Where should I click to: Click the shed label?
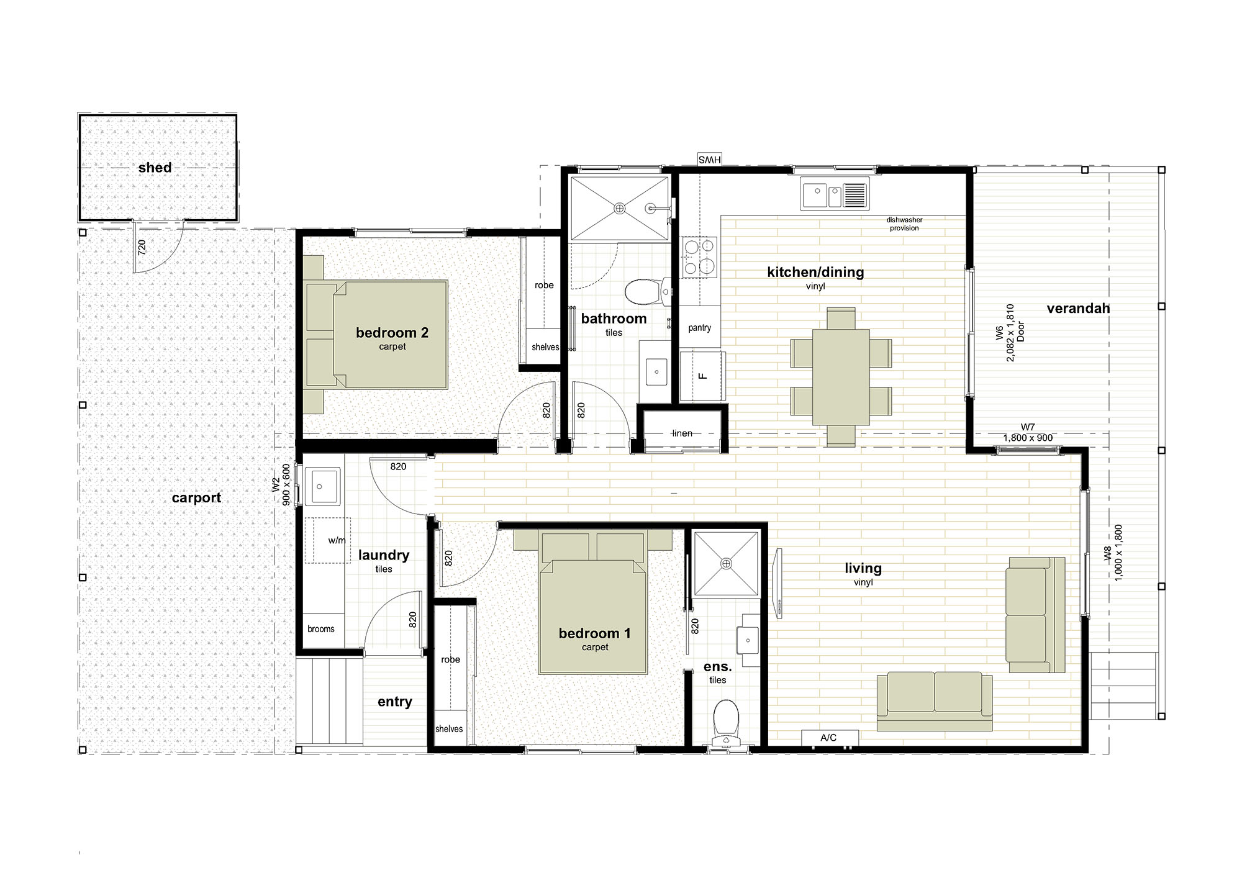click(x=155, y=168)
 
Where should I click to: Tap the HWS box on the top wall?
click(x=709, y=160)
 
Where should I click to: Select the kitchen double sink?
click(x=835, y=193)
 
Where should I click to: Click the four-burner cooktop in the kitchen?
click(x=700, y=256)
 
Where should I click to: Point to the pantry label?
click(x=699, y=328)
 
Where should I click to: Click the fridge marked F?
click(x=702, y=376)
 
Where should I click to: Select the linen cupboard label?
click(x=682, y=433)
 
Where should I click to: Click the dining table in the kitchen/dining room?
click(x=841, y=377)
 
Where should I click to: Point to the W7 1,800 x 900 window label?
click(x=1028, y=433)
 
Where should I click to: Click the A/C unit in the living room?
click(x=830, y=738)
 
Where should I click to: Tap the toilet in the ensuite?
click(x=725, y=722)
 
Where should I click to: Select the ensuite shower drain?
click(x=726, y=563)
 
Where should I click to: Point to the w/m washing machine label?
click(x=337, y=541)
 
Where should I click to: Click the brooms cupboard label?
click(x=321, y=629)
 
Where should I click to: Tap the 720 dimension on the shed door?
click(x=142, y=248)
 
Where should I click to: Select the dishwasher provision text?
click(x=904, y=224)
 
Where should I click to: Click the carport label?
click(x=196, y=498)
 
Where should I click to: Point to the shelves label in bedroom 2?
click(x=545, y=347)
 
